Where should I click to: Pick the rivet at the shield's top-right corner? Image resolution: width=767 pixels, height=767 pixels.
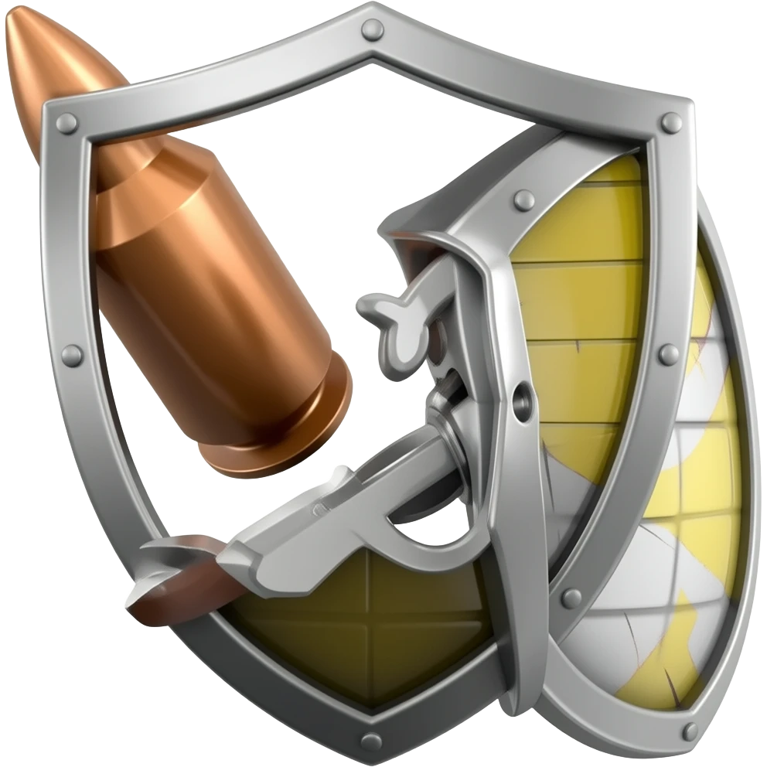point(667,121)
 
